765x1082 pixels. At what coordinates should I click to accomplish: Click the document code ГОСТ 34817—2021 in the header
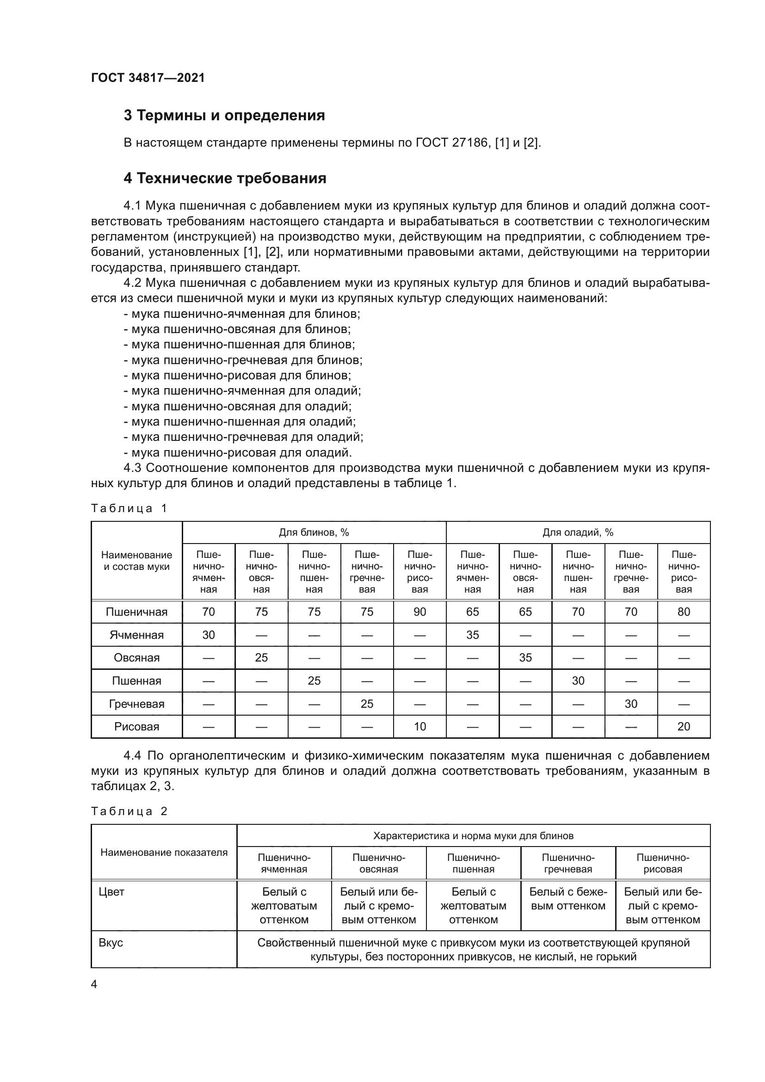[x=148, y=78]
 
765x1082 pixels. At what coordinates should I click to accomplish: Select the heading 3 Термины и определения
[x=224, y=116]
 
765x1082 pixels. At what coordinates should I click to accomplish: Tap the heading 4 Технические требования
[x=225, y=178]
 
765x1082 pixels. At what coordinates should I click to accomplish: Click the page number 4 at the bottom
[x=94, y=984]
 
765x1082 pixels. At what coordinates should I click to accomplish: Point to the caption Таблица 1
[x=129, y=508]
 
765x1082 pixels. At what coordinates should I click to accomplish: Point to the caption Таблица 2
[x=129, y=811]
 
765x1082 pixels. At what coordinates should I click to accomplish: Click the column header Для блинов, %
[x=314, y=532]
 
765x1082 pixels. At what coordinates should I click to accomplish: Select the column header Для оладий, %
[x=578, y=532]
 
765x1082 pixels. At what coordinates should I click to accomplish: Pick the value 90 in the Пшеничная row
[x=419, y=612]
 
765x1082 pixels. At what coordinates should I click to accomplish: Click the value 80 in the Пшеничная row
[x=684, y=612]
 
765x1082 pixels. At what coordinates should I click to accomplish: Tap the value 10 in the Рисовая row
[x=419, y=727]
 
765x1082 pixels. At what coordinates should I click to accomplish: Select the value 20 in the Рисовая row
[x=684, y=727]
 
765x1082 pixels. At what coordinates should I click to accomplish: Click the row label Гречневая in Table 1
[x=136, y=704]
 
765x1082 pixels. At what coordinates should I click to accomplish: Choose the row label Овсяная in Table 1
[x=136, y=658]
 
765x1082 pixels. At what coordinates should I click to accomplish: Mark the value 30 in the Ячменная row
[x=208, y=635]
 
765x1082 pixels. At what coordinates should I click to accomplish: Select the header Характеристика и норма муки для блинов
[x=473, y=836]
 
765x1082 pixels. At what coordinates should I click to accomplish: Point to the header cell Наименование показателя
[x=164, y=852]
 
